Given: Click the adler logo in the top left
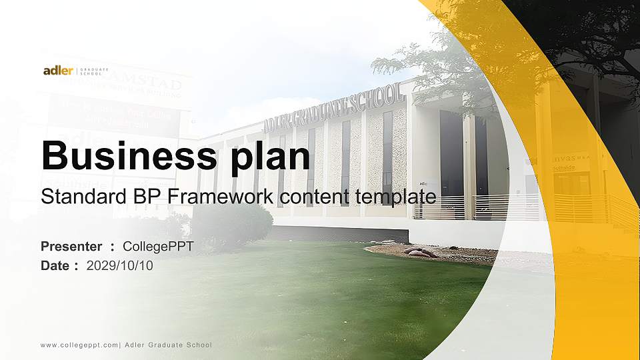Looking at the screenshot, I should [58, 71].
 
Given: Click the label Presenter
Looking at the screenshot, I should [71, 246].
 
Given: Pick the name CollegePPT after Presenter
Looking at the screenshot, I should [159, 246].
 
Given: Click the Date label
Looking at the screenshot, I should [55, 265].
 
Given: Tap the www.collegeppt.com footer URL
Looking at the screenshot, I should [79, 345].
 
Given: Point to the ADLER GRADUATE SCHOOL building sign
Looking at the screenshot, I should [333, 107].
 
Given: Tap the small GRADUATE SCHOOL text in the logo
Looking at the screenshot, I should [90, 71].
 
